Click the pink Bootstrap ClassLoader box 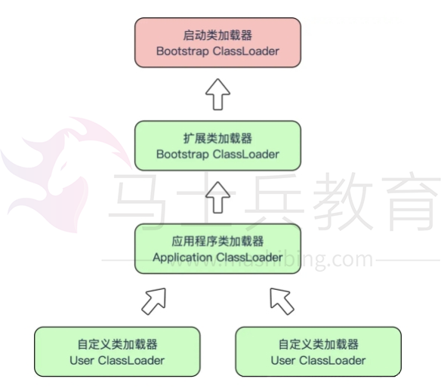[x=217, y=43]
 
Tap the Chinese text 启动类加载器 [x=217, y=35]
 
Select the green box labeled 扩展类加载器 [x=217, y=146]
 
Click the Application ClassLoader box [x=217, y=249]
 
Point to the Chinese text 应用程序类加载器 [x=217, y=242]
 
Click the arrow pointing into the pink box [x=217, y=94]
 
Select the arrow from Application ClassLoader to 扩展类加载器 [x=217, y=197]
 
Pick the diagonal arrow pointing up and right [x=154, y=301]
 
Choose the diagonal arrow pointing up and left [x=282, y=301]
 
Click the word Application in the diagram [x=183, y=257]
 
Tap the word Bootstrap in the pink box [x=183, y=51]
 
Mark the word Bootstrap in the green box [x=183, y=154]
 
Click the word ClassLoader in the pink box [x=246, y=51]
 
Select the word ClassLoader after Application [x=249, y=257]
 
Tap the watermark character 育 [x=413, y=201]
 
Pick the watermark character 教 [x=343, y=201]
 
